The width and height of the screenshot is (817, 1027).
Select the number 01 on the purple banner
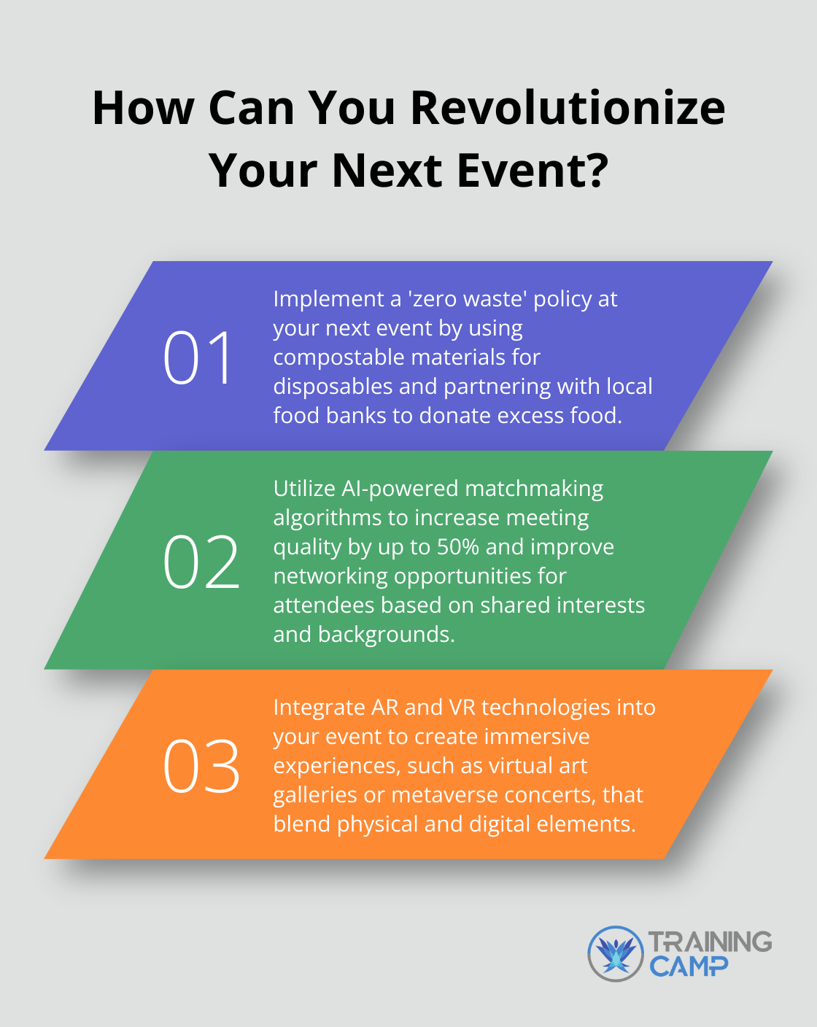[198, 357]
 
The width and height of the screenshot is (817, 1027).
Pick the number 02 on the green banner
[201, 562]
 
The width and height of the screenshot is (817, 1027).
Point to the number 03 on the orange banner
[201, 766]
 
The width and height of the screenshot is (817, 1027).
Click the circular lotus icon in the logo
[616, 954]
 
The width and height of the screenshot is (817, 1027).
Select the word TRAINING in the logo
[710, 942]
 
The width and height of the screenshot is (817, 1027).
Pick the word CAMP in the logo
[688, 967]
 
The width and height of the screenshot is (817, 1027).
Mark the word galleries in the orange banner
[315, 795]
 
